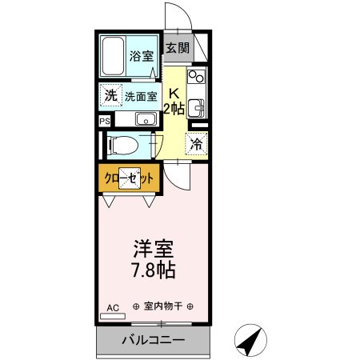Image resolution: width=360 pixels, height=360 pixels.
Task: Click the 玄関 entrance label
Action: [178, 48]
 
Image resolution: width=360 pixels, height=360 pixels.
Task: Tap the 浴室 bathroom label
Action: [142, 56]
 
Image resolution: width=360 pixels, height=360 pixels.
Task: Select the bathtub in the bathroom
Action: [113, 56]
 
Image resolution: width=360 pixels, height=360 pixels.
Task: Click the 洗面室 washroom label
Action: [141, 97]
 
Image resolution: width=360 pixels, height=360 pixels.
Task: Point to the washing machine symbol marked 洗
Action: [110, 95]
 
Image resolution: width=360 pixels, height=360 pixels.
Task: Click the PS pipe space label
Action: [105, 122]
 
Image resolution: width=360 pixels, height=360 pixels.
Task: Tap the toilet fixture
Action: [122, 146]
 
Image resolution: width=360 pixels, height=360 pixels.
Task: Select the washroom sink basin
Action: [146, 119]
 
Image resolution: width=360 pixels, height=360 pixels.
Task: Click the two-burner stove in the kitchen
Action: [196, 76]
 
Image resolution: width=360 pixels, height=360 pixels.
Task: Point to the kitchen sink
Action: [196, 108]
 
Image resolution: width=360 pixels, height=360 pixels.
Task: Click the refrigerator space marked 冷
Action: [196, 144]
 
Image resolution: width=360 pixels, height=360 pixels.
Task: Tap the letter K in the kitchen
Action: [174, 94]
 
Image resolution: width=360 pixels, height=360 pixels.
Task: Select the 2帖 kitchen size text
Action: [174, 109]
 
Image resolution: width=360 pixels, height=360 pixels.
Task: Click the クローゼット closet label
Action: [129, 178]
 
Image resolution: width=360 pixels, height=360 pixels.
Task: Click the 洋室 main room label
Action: [154, 249]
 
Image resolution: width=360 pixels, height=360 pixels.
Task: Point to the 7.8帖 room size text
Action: [154, 270]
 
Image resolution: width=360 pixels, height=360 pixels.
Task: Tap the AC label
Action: [113, 308]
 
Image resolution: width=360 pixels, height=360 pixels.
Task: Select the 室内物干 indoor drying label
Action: [163, 306]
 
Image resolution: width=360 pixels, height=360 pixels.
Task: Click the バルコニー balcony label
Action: [154, 340]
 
